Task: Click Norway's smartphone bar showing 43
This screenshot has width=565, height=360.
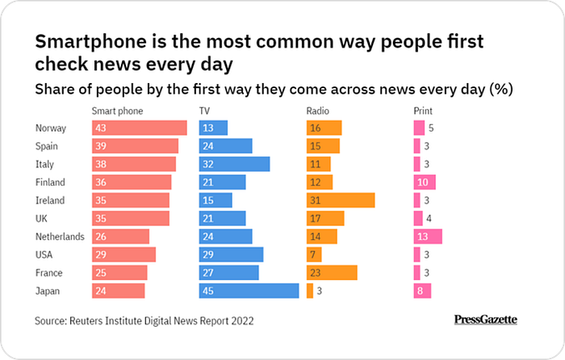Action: pos(139,128)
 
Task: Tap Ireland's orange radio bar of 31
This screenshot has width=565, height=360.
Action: pos(341,200)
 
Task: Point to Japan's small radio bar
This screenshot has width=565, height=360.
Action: pos(310,291)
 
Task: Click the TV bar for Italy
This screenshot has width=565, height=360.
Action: pos(234,164)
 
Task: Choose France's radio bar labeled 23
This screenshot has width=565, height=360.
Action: pos(332,272)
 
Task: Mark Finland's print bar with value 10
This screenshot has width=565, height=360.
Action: pos(425,182)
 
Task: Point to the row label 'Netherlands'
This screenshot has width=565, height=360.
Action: pos(60,237)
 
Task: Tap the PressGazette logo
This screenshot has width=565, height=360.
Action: pos(486,320)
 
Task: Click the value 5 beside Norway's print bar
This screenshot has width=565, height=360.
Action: pos(432,128)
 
